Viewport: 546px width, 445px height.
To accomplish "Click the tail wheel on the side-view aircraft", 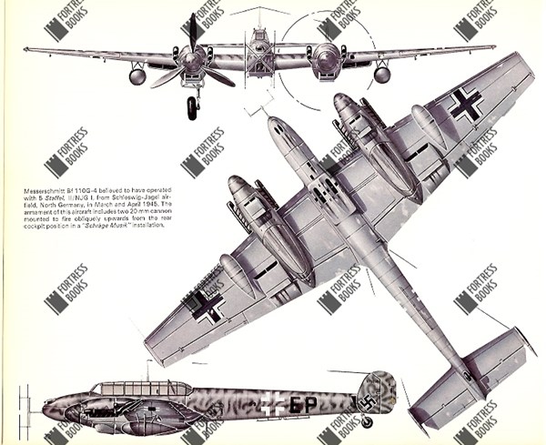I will click(367, 421).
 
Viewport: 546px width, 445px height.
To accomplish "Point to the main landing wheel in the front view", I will click(193, 107).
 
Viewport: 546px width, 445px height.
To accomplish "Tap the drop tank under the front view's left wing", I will click(137, 76).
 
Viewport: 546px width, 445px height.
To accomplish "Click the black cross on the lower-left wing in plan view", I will click(208, 308).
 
